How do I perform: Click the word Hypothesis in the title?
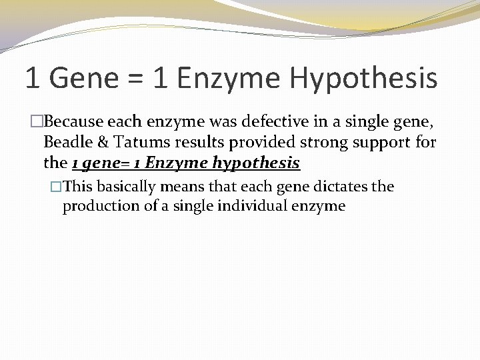[x=363, y=79]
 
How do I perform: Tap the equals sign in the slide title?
[x=136, y=79]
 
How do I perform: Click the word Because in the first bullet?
[x=73, y=122]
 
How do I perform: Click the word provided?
[x=241, y=142]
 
